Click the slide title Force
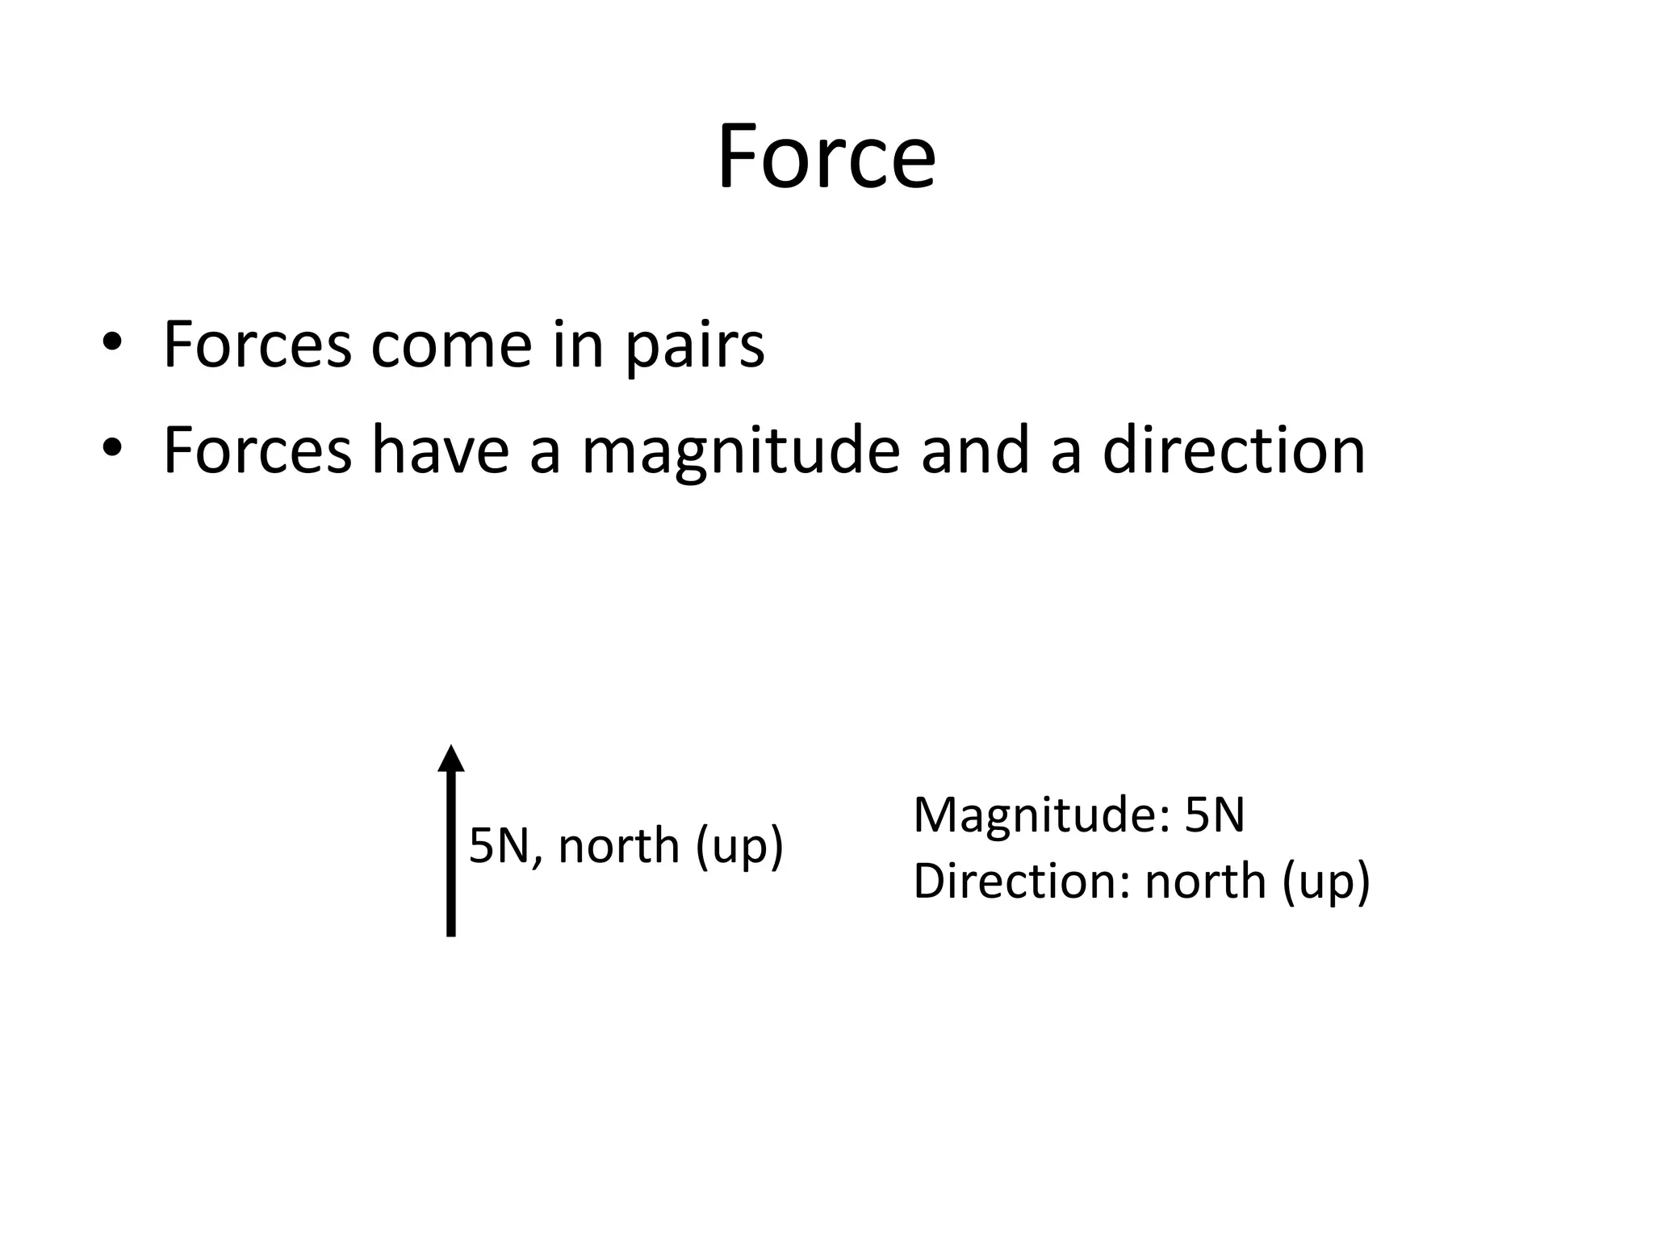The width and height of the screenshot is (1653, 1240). point(826,157)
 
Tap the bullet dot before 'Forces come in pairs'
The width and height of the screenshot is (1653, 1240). point(111,342)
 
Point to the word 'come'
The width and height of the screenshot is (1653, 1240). point(450,346)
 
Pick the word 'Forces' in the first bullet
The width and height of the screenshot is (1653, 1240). point(257,346)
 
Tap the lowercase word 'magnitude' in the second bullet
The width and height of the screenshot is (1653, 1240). point(740,454)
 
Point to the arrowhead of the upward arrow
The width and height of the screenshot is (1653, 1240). point(451,759)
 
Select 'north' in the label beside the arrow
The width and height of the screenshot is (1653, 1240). point(618,846)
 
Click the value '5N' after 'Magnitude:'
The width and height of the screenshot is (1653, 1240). point(1215,815)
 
